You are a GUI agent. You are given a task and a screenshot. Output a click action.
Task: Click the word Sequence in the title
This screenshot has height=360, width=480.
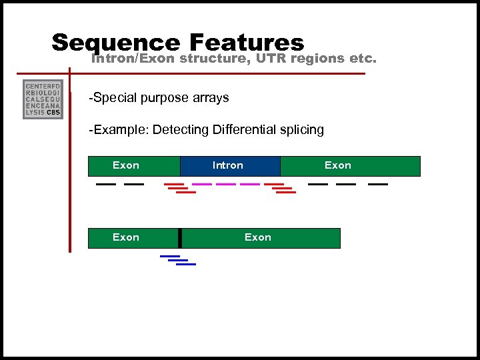coord(115,42)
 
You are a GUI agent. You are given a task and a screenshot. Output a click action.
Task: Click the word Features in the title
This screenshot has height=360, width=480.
coord(247,42)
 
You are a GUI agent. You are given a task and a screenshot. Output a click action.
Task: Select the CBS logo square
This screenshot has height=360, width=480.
coord(43,99)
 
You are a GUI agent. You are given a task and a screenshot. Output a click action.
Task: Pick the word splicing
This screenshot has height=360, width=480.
coord(301,130)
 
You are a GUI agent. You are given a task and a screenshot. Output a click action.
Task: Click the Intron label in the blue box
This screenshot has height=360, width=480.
coord(228,165)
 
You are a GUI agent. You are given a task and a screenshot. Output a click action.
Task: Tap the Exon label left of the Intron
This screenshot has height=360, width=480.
coord(126,165)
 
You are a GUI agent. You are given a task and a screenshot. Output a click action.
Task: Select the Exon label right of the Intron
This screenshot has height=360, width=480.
coord(338,165)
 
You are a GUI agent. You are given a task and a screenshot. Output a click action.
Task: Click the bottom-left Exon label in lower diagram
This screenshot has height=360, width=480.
coord(126,237)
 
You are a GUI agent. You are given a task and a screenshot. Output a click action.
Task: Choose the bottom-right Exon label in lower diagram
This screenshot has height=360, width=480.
coord(258,237)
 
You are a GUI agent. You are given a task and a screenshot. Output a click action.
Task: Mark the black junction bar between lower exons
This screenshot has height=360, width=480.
coord(180,238)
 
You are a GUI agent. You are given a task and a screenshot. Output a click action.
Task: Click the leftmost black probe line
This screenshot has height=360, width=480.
coord(105,184)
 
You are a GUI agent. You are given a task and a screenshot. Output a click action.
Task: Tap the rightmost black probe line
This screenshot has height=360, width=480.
coord(378,184)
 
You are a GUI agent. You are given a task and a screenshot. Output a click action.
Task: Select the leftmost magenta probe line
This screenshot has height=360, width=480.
coord(202,184)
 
